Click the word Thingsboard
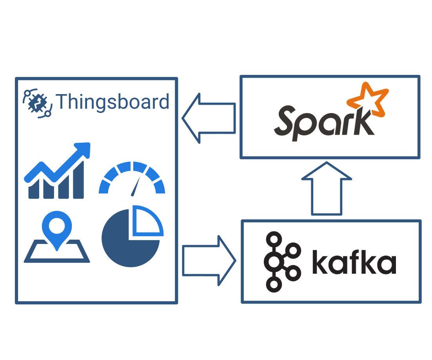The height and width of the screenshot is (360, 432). click(113, 102)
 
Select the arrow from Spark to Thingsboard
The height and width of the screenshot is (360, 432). click(209, 118)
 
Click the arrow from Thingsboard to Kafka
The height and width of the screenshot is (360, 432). click(209, 260)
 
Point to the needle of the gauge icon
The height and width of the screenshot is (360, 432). click(136, 186)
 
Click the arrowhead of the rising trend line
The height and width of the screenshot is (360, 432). click(83, 150)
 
